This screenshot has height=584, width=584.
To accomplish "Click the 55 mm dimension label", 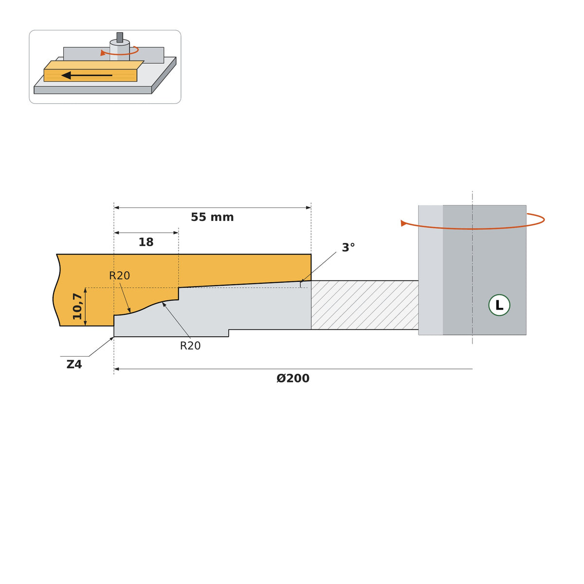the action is (x=212, y=217).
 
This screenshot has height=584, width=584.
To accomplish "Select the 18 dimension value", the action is (x=146, y=242).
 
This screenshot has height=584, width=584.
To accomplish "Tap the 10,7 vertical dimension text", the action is (x=77, y=307).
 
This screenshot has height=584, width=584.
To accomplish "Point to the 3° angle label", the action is (x=348, y=248).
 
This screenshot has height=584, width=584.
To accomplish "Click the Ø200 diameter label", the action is (x=293, y=379).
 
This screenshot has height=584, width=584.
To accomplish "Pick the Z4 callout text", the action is (x=74, y=365).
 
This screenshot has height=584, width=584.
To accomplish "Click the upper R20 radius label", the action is (x=119, y=275).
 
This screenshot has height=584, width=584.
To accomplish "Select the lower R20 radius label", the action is (x=190, y=346).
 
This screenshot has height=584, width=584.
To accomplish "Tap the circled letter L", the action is (x=499, y=305).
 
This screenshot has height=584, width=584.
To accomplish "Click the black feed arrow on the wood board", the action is (x=87, y=75).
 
